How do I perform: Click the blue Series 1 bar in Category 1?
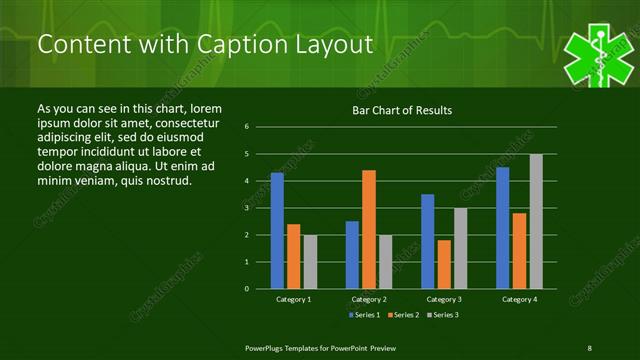click(277, 231)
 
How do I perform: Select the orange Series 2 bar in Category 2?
click(369, 229)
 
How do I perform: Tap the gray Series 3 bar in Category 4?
click(536, 221)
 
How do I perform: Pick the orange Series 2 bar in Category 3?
click(444, 264)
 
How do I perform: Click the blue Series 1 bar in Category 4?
click(502, 228)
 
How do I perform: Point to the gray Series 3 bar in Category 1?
click(310, 262)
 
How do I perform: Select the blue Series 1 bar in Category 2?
click(352, 255)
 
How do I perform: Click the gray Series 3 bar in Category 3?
click(461, 248)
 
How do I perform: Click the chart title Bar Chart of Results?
click(402, 110)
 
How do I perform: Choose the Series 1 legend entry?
click(363, 315)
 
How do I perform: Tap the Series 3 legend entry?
click(443, 315)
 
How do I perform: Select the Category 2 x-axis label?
click(369, 299)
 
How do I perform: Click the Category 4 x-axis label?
click(519, 299)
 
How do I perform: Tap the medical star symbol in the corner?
click(598, 58)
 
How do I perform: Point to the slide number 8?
click(589, 347)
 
